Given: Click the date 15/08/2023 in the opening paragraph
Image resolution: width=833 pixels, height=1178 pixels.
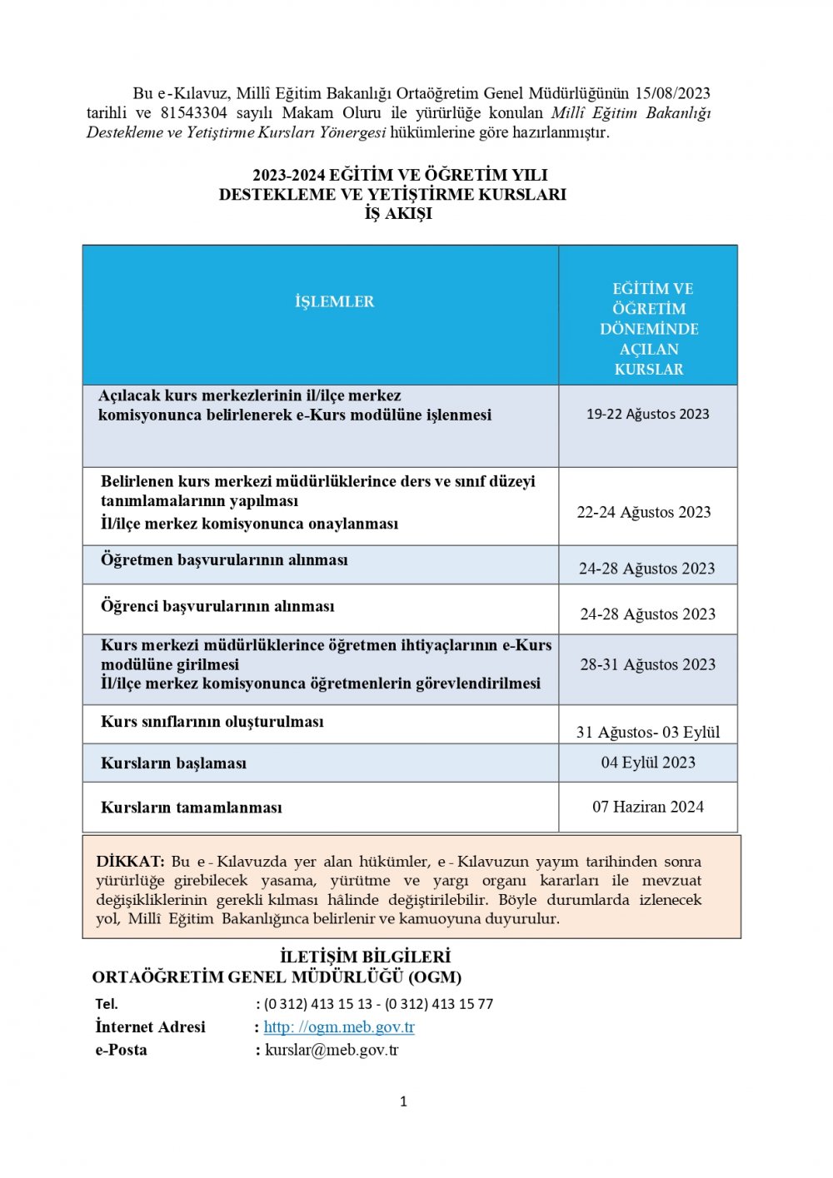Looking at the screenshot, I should point(672,93).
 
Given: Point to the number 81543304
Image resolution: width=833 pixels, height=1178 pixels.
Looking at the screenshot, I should point(193,113).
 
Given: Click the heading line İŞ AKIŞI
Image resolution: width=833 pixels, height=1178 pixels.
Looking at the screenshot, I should point(398,214).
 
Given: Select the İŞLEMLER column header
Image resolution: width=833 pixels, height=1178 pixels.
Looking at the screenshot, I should point(334,301).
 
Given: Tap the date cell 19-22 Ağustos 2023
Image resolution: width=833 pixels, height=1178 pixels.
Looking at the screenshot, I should point(647,414).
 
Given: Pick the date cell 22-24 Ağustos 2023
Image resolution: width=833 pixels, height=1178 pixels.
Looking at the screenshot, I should point(644,512).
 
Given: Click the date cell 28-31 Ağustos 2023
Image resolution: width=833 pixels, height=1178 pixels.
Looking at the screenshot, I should point(647,664).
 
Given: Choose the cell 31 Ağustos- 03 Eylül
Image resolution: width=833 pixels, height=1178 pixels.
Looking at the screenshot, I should point(647,732).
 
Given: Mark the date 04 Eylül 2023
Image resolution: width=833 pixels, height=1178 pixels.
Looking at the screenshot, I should point(648,763).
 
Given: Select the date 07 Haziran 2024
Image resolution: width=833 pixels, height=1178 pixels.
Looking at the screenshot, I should point(647,807).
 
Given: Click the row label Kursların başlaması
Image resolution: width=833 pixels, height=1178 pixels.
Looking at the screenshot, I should point(173,763).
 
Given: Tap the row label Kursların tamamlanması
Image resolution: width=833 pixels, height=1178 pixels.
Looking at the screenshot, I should point(191,808).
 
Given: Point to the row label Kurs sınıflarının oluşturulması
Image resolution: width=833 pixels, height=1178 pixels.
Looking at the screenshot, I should point(212,722).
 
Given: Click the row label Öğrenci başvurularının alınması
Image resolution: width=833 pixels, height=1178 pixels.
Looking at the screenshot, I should point(217,606).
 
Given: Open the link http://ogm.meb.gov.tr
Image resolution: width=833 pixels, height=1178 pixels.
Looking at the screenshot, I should point(339,1027).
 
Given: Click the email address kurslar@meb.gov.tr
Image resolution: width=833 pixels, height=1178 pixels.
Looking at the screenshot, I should point(332,1050).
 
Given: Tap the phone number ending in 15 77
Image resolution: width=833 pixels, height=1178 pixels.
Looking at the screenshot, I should point(439,1004).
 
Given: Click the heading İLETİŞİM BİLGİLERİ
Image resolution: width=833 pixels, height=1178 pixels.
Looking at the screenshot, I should point(365,957).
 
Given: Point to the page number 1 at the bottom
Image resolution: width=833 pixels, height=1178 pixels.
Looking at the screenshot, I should point(404,1101).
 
